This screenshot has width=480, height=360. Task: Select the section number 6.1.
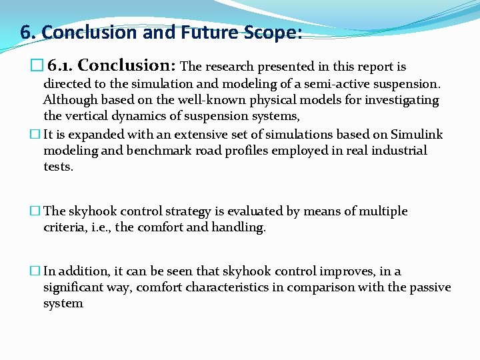coord(61,66)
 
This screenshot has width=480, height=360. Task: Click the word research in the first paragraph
coord(229,67)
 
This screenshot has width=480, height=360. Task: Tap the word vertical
coord(85,116)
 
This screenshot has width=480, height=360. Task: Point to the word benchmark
coord(155,150)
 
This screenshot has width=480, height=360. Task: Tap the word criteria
coord(65,227)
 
